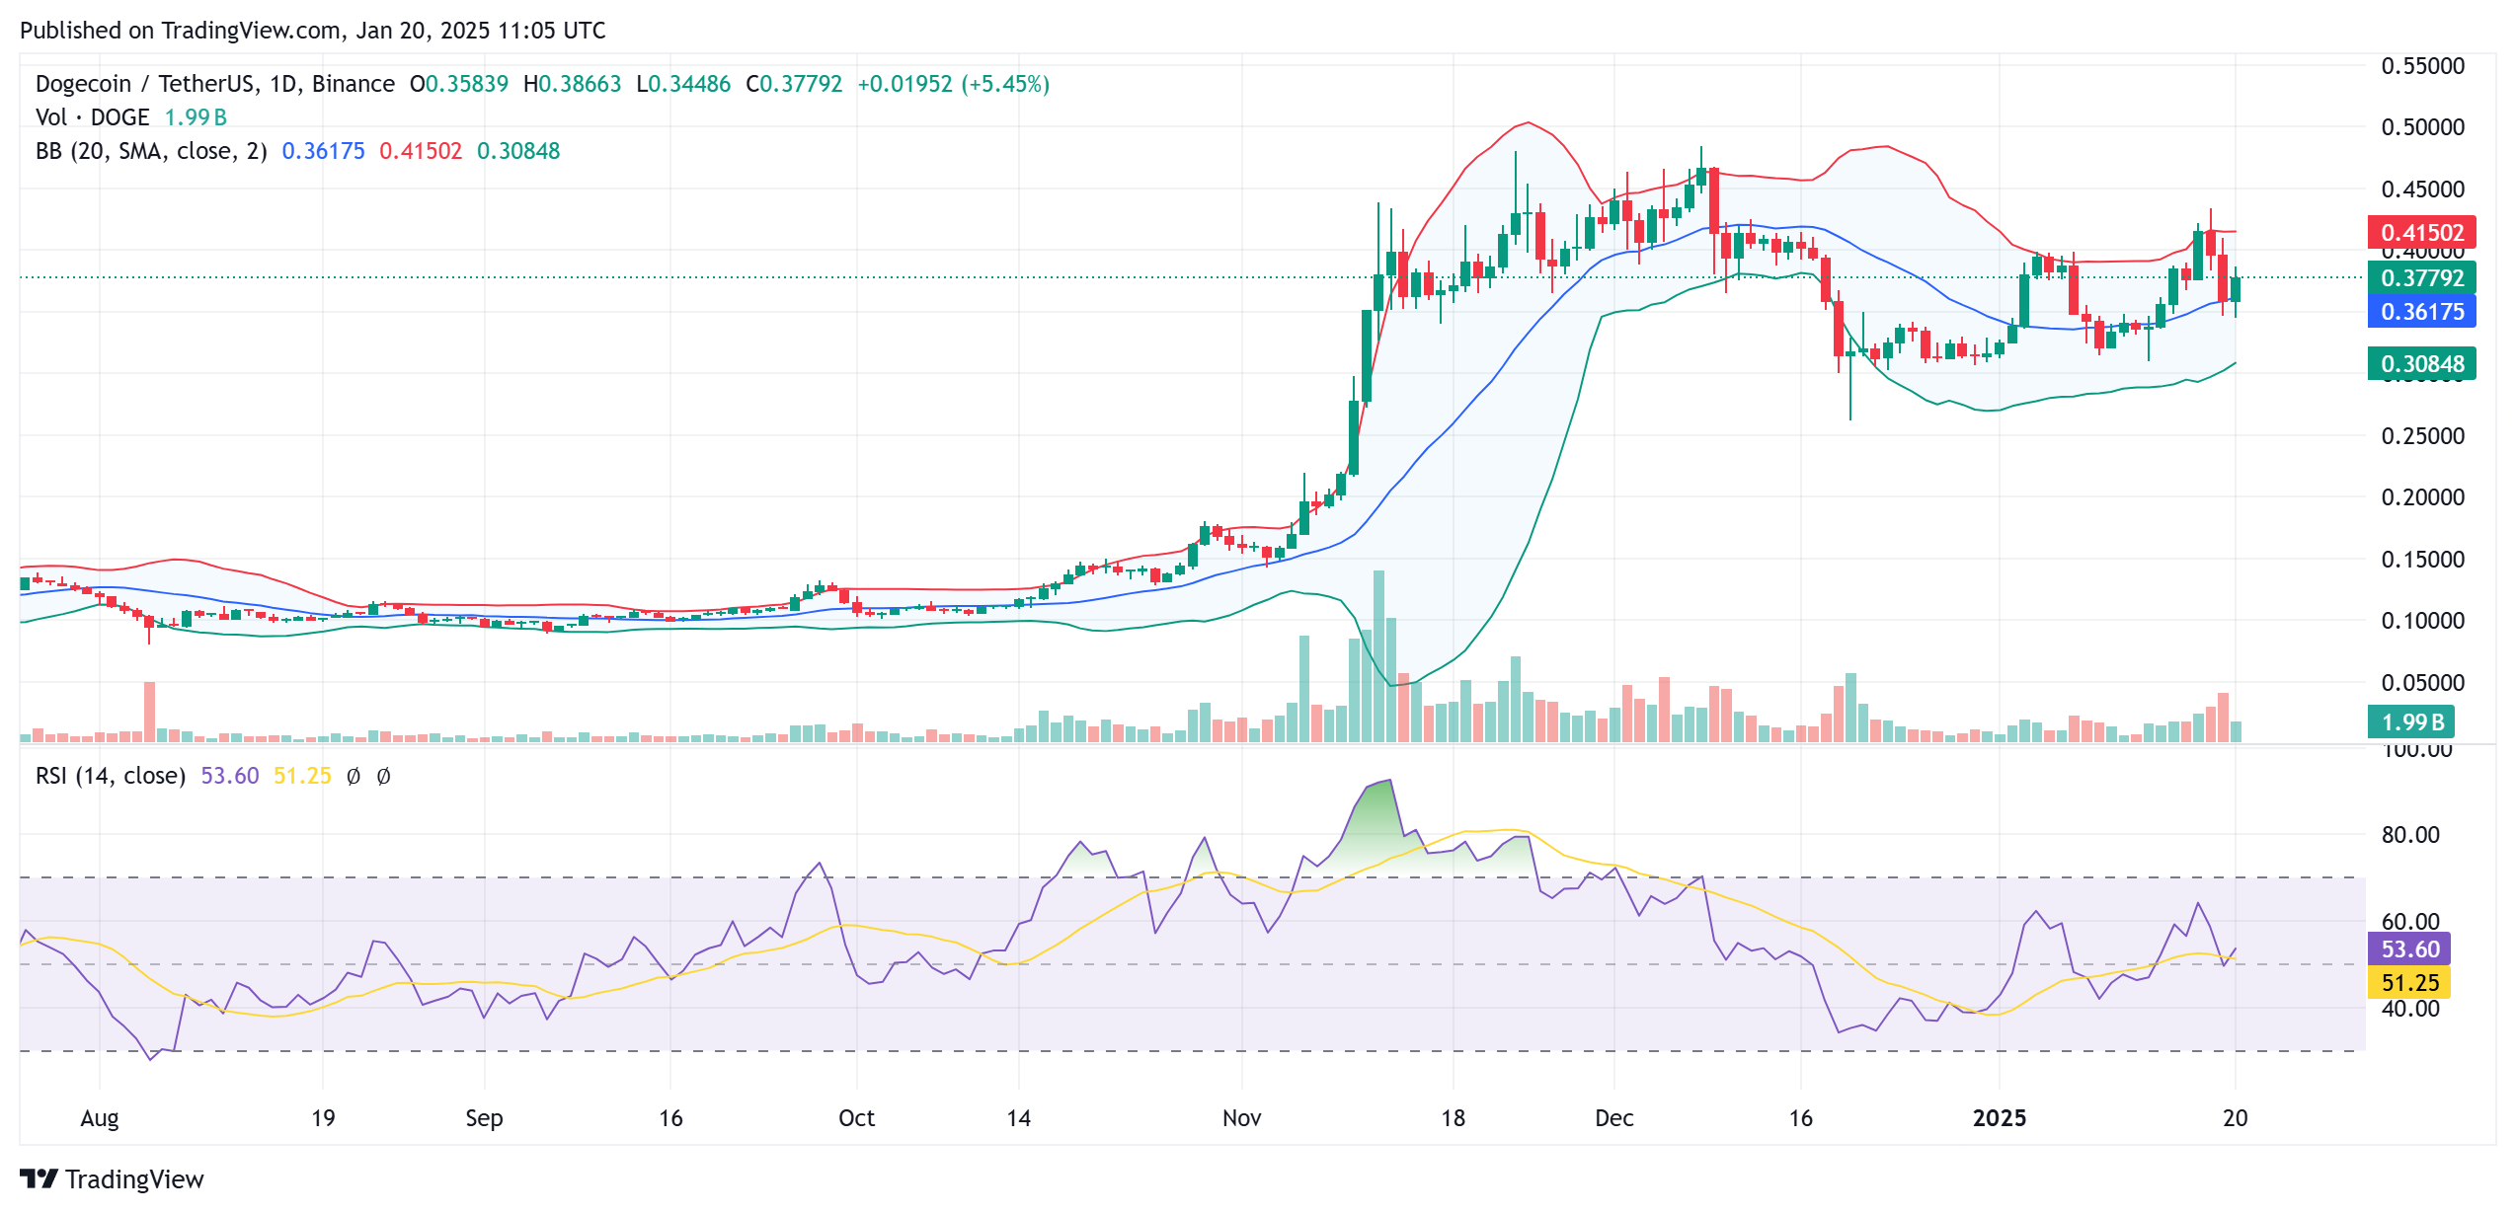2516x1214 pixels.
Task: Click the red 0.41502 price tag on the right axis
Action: pyautogui.click(x=2421, y=233)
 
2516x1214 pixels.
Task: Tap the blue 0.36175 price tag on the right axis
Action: pyautogui.click(x=2421, y=312)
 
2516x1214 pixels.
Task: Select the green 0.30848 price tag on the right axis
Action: pyautogui.click(x=2421, y=364)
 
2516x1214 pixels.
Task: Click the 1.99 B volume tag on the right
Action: pyautogui.click(x=2411, y=722)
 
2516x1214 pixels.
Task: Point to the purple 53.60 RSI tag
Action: pyautogui.click(x=2409, y=949)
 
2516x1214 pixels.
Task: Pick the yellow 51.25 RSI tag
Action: pyautogui.click(x=2409, y=983)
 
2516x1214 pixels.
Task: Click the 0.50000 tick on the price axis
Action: pyautogui.click(x=2422, y=127)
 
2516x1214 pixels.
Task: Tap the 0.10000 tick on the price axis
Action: pyautogui.click(x=2422, y=621)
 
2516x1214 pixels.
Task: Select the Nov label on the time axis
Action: pyautogui.click(x=1241, y=1118)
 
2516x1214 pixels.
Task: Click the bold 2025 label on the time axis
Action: pyautogui.click(x=1999, y=1118)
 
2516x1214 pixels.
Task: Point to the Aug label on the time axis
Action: pyautogui.click(x=100, y=1118)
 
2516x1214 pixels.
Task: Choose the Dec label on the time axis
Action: pyautogui.click(x=1614, y=1118)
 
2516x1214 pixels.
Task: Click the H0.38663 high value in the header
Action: pyautogui.click(x=572, y=84)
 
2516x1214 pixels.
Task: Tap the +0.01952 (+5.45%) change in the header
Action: pyautogui.click(x=953, y=84)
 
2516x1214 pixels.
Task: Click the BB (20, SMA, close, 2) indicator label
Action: pyautogui.click(x=151, y=151)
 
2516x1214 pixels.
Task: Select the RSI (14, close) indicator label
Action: pyautogui.click(x=111, y=776)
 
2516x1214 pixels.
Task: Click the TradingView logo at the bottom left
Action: pyautogui.click(x=112, y=1179)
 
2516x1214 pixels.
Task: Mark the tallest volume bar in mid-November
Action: pyautogui.click(x=1378, y=656)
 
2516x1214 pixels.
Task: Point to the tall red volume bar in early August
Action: pyautogui.click(x=149, y=711)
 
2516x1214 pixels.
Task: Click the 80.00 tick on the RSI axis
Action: pyautogui.click(x=2409, y=835)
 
